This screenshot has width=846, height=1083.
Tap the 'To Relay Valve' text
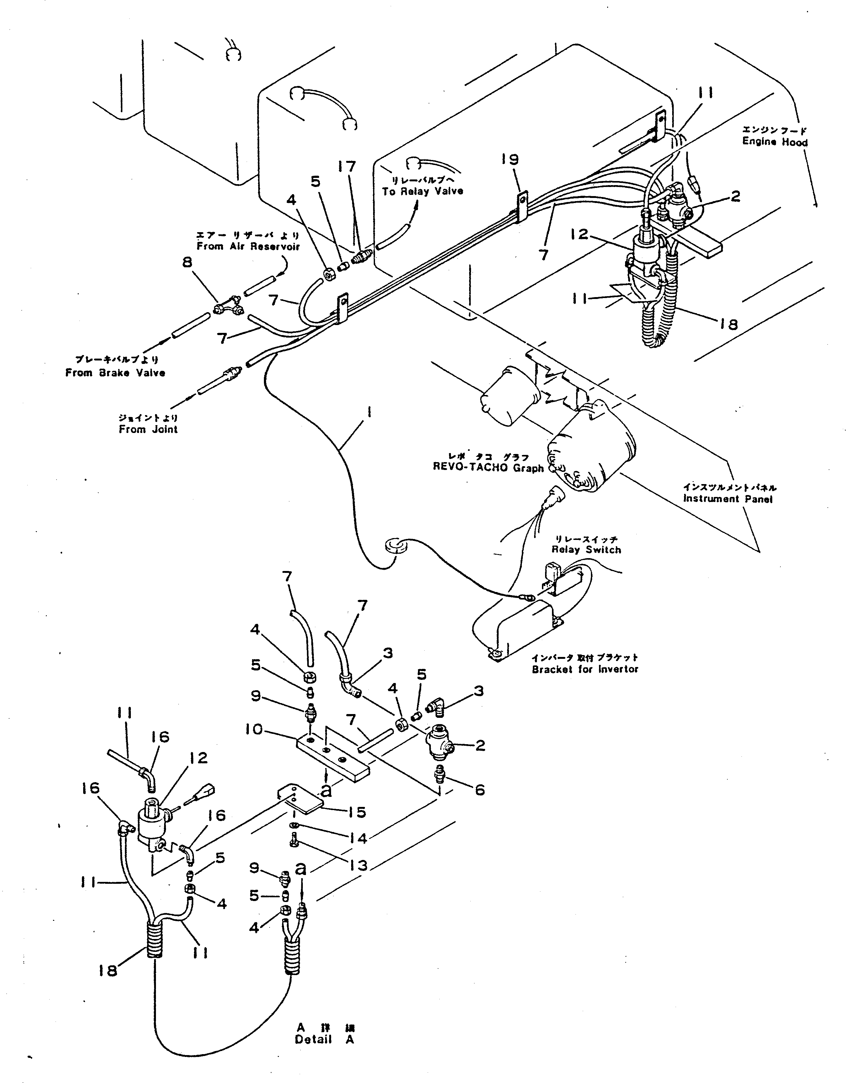point(422,191)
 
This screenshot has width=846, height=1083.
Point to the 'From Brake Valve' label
point(115,373)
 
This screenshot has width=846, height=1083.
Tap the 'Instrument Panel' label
point(727,499)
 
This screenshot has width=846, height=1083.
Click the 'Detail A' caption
point(325,1040)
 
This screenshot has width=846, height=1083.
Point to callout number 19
point(510,159)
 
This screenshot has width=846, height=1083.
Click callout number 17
point(347,167)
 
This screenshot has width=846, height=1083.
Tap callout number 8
point(187,262)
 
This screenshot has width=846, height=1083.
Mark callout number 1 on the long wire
point(369,413)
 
